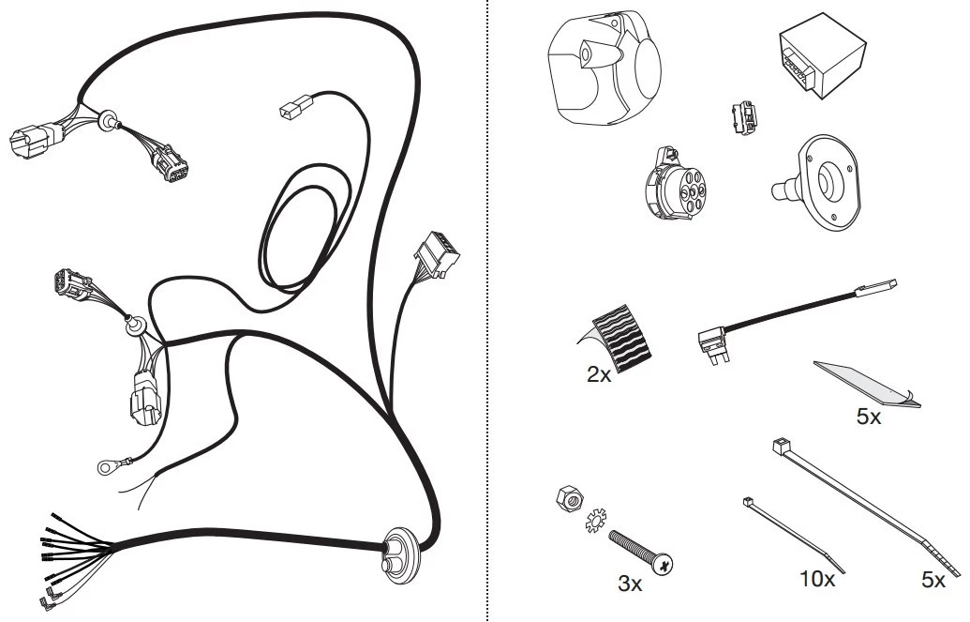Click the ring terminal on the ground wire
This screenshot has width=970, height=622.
coord(106,467)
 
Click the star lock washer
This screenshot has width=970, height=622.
coord(596,521)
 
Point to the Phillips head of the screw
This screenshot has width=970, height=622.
coord(664,565)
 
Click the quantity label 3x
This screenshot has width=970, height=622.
coord(630,584)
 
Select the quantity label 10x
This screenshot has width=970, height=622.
coord(817,579)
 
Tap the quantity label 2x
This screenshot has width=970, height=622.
coord(599,375)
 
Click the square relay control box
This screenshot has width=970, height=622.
coord(822,56)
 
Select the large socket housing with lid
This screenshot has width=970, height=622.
coord(604,67)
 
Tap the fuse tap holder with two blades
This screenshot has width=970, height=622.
coord(713,342)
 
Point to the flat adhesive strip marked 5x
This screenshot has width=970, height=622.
coord(867,384)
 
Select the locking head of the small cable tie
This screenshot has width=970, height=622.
coord(749,502)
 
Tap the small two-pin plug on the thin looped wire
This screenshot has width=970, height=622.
coord(296,106)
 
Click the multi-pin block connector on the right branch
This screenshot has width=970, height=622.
coord(437,253)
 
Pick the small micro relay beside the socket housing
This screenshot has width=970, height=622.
coord(745,117)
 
